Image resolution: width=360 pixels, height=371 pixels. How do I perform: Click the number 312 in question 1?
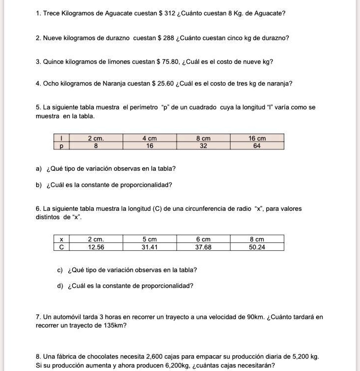pos(170,13)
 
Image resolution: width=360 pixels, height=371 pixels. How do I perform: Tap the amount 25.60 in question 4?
pos(165,84)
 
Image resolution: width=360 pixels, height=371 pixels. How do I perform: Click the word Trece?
pos(52,13)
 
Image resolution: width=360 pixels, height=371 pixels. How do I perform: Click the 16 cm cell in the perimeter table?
pos(257,139)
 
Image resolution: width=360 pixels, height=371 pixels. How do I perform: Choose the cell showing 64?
pos(257,146)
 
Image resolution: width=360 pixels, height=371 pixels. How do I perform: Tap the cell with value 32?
pos(203,146)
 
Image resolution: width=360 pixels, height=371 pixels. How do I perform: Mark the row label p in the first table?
pos(61,146)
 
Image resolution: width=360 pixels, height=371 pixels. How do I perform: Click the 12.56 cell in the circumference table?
pos(96,247)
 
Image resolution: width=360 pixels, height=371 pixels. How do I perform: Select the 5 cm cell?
pos(149,239)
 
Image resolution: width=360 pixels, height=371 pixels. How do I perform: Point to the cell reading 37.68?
pos(203,247)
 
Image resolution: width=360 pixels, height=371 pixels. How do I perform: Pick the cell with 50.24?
pos(257,247)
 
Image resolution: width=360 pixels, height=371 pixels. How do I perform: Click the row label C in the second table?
pos(61,247)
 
